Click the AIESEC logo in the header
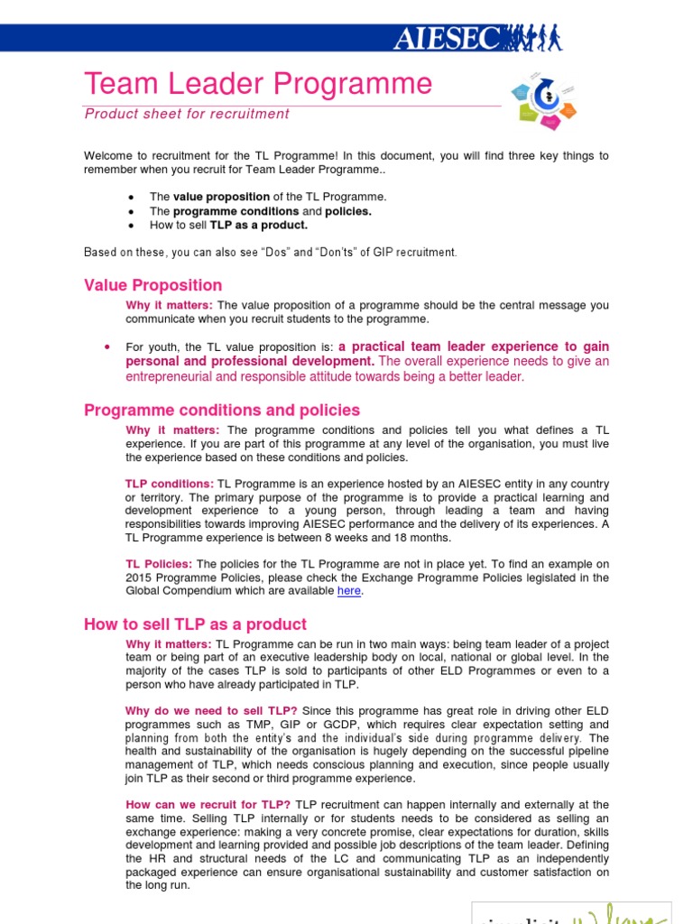point(478,38)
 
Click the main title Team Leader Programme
point(258,84)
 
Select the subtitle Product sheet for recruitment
point(187,114)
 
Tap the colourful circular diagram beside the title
point(543,100)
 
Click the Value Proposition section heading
point(152,285)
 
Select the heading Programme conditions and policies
point(222,410)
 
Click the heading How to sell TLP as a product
point(195,624)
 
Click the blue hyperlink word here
point(349,591)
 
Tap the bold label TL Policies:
point(159,564)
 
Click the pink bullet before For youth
point(107,346)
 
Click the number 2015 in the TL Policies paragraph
point(140,577)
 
